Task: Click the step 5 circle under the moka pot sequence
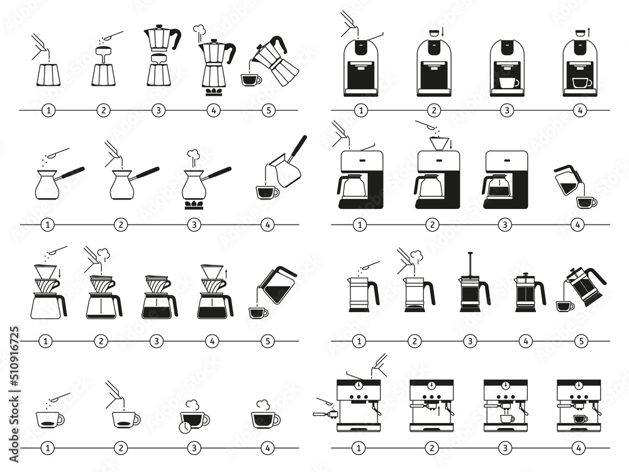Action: pos(269,110)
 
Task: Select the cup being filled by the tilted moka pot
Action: pos(250,79)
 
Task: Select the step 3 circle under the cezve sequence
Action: pos(194,224)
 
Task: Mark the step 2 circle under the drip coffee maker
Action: pos(433,225)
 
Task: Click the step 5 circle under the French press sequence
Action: pos(581,341)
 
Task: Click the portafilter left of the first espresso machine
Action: pos(325,413)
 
